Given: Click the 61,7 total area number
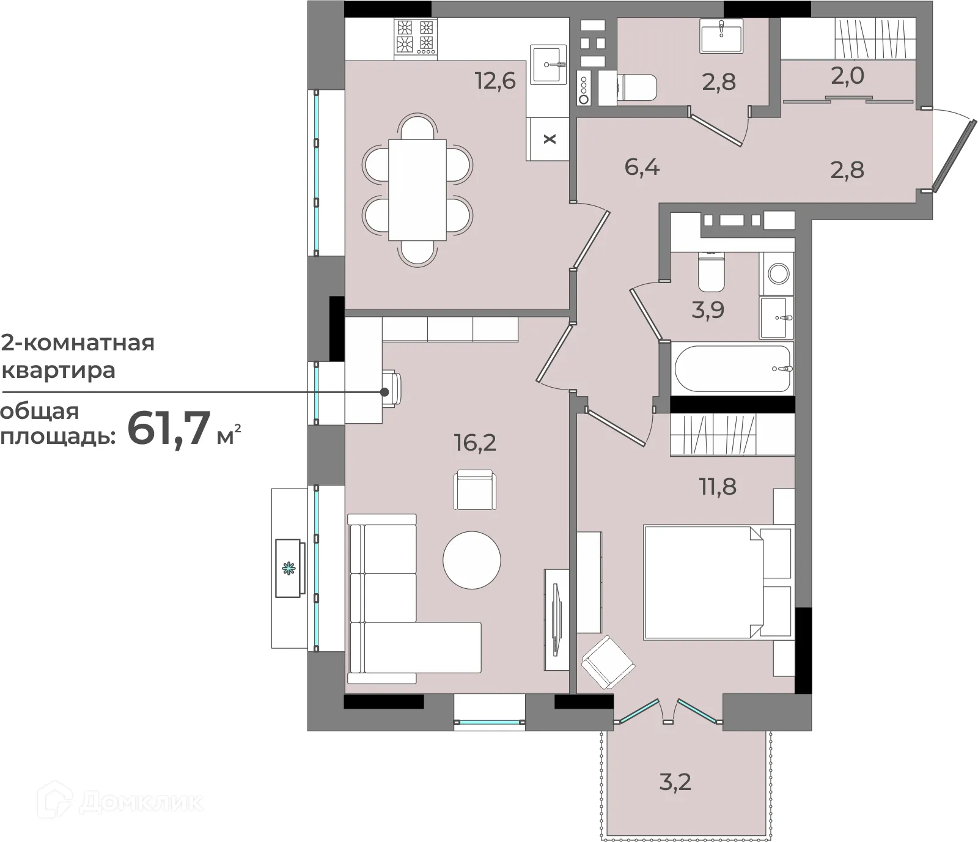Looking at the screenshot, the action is point(169,429).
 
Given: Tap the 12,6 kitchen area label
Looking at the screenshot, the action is point(495,80).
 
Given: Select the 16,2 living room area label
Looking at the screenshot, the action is point(475,442).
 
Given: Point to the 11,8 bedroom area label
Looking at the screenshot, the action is point(718,487).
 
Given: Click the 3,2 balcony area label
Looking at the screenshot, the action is point(675,781).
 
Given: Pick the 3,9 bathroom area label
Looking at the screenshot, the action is point(708,310).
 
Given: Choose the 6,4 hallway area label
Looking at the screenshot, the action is point(642,166).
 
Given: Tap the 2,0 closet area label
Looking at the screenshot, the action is point(847,76).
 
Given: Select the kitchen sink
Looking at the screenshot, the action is point(548,64).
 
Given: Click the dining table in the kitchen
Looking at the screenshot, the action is point(417,190).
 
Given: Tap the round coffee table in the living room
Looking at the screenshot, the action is point(472,560).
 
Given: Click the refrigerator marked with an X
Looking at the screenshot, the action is point(549,139).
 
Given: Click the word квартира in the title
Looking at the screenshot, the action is point(59,371).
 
